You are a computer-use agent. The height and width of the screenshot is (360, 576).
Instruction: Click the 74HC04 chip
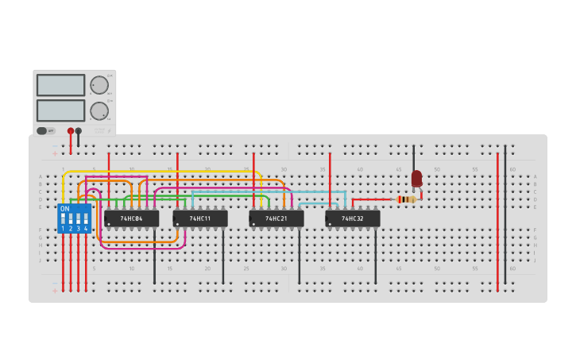tap(131, 219)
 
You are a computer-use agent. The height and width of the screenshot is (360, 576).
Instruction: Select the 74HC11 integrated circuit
tap(200, 219)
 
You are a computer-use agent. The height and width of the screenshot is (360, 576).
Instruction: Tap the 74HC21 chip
tap(276, 219)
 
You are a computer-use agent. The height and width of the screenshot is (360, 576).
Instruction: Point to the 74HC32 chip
tap(353, 219)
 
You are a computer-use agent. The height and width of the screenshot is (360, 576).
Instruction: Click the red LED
tap(416, 178)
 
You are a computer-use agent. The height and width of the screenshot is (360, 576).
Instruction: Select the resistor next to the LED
tap(407, 199)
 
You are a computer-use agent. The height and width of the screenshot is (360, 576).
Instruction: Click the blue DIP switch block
tap(74, 219)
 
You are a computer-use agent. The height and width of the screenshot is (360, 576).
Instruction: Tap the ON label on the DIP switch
tap(65, 209)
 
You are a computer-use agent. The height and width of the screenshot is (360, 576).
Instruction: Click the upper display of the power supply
tap(60, 85)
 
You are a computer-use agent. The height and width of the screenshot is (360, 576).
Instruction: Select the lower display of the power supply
tap(60, 110)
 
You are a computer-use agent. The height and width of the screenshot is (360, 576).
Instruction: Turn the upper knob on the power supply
tap(99, 85)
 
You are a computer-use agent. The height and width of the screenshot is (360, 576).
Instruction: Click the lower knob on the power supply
tap(99, 110)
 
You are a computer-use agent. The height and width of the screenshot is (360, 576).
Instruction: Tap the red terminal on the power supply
tap(71, 131)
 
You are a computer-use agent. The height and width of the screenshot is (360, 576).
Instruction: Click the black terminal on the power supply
tap(79, 131)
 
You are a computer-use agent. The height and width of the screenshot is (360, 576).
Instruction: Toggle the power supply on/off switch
tap(46, 131)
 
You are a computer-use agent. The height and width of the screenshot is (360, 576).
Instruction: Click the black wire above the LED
tap(413, 157)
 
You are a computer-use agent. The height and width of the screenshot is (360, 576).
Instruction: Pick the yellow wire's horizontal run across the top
tap(159, 172)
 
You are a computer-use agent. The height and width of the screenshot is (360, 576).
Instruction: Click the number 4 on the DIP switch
tap(86, 229)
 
